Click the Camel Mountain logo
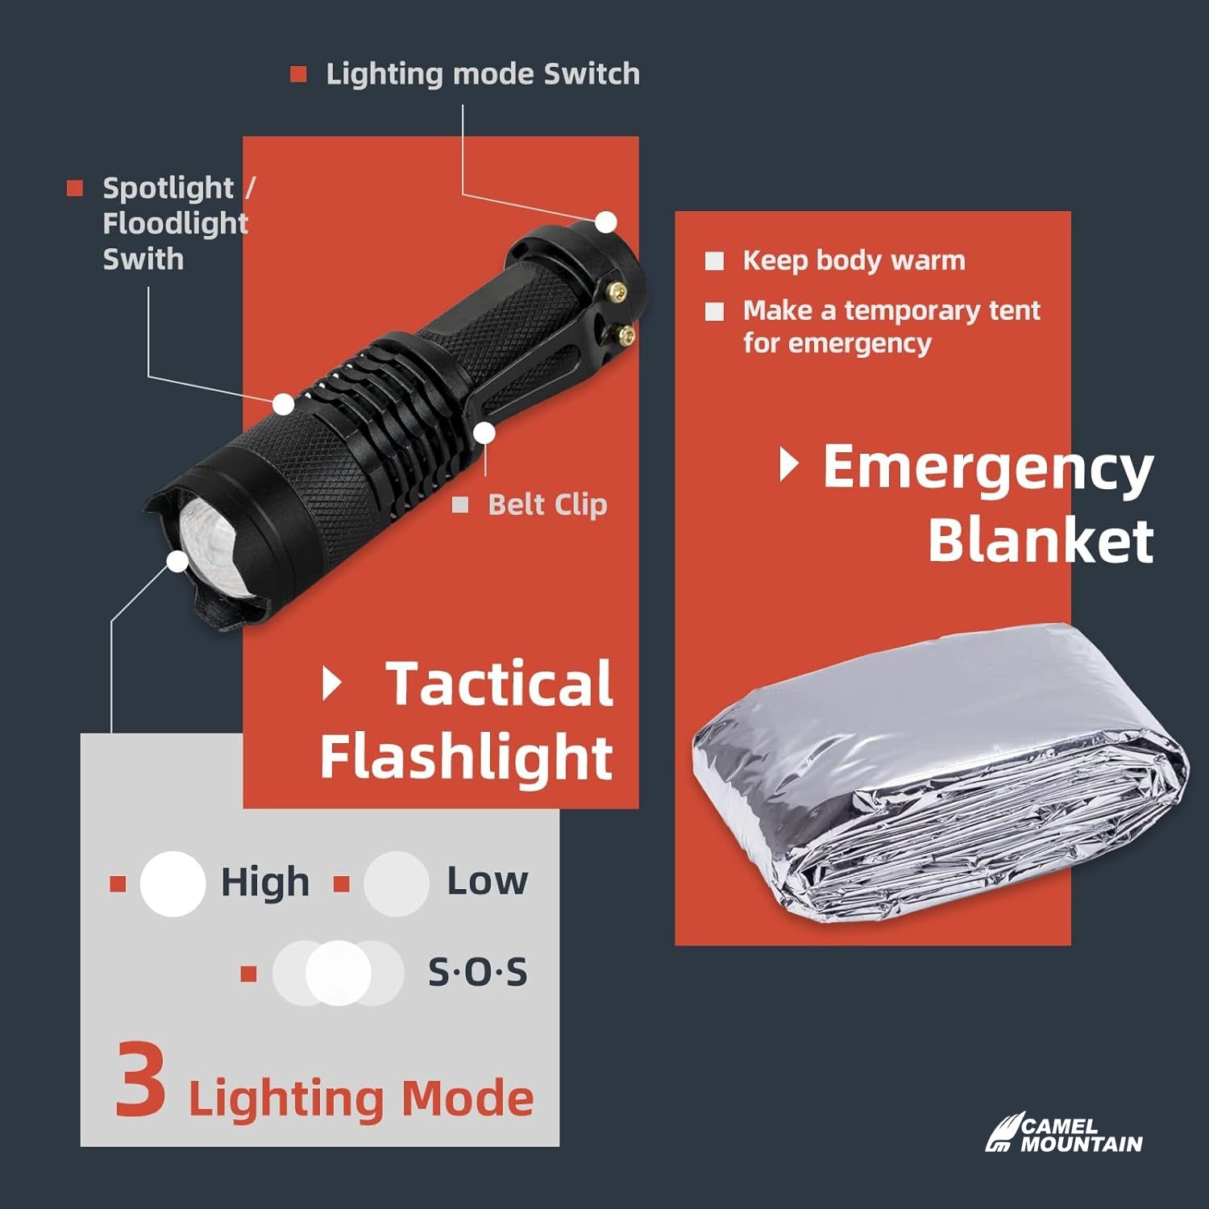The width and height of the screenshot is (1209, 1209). pos(1064,1133)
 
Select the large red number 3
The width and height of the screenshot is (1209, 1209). pos(140,1079)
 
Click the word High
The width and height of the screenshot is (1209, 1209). pos(265,882)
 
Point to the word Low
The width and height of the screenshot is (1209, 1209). pos(488,881)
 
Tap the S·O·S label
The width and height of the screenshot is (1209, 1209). pos(477,972)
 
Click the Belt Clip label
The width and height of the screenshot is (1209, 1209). pos(547,505)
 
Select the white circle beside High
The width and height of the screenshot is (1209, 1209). pos(172,883)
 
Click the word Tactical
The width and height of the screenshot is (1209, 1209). pos(500,683)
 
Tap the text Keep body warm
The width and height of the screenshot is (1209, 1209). pos(854,260)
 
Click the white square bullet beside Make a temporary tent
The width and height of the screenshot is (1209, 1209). pos(715,311)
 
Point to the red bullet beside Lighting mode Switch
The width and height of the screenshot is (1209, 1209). pos(298,74)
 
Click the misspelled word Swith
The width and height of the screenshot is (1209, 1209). pos(143,260)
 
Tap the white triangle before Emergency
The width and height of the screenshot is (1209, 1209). pos(789,465)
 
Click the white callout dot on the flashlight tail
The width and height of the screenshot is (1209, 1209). pos(606,222)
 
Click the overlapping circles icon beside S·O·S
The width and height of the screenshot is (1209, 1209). pos(338,973)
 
